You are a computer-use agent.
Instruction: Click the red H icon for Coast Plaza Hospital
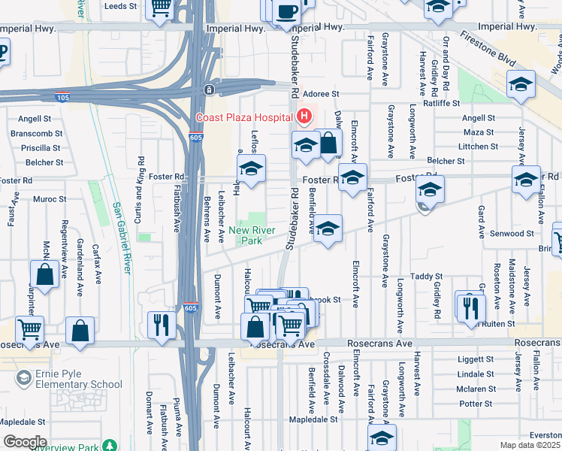(x=304, y=117)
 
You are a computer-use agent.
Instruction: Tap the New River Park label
(x=250, y=235)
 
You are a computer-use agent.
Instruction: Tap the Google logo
(x=25, y=441)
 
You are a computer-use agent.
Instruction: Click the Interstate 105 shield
(x=62, y=96)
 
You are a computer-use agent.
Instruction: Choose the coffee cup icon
(x=287, y=12)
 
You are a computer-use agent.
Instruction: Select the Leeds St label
(x=120, y=5)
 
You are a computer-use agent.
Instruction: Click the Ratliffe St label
(x=441, y=103)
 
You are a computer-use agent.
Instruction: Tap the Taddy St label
(x=426, y=277)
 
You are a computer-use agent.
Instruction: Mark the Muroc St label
(x=50, y=200)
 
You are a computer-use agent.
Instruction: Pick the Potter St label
(x=476, y=404)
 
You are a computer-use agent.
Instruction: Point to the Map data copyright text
(x=530, y=445)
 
